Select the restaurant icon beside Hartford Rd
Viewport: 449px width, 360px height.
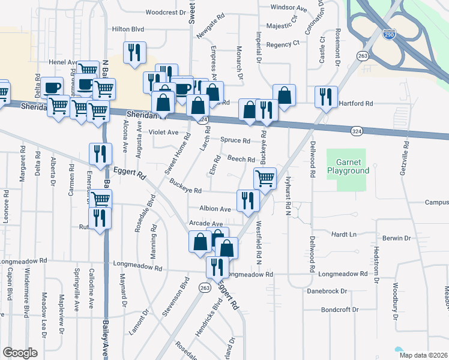tap(326, 97)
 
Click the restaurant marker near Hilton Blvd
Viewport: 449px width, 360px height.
tap(134, 52)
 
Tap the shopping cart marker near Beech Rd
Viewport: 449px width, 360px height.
tap(265, 178)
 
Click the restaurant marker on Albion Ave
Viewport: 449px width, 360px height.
tap(247, 200)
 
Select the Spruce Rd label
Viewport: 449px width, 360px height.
tap(235, 140)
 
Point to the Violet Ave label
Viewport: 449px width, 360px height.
tap(164, 132)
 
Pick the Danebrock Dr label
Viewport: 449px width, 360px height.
tap(327, 291)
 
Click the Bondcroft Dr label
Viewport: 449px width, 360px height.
tap(339, 310)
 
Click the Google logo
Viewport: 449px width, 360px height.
tap(20, 352)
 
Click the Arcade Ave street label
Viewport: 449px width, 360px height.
tap(206, 224)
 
